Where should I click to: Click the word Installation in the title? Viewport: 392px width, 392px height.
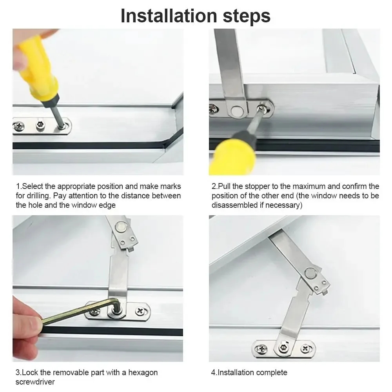pos(167,15)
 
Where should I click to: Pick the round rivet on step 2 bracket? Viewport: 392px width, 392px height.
pos(236,111)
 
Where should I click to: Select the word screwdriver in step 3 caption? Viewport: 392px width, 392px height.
pos(35,381)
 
